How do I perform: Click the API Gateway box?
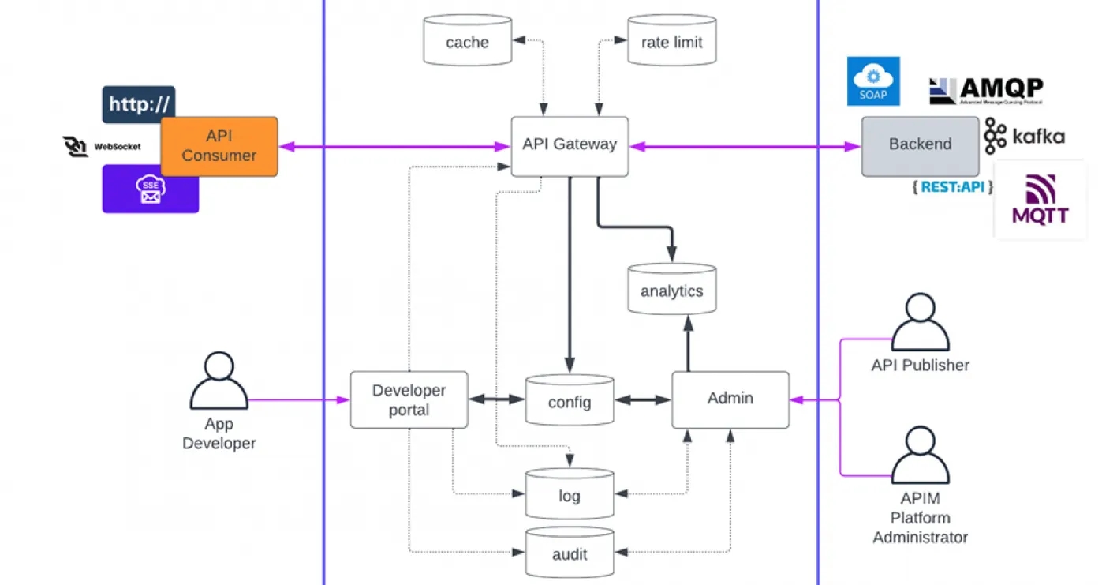[x=570, y=146]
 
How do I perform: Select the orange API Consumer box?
[x=219, y=147]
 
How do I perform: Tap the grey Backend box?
[x=920, y=146]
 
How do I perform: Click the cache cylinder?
[x=467, y=40]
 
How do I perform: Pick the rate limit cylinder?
[x=671, y=40]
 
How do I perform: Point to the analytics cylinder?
[x=671, y=290]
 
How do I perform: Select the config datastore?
[x=570, y=401]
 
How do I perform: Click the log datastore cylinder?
[x=570, y=494]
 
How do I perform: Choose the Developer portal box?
[x=409, y=400]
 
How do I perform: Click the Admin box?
[x=730, y=399]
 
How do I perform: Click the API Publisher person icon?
[x=920, y=324]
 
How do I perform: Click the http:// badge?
[x=138, y=104]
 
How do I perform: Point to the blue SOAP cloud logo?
[x=873, y=81]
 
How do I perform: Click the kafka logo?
[x=1024, y=137]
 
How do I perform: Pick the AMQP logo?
[x=986, y=91]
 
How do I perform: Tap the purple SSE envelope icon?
[x=150, y=190]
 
